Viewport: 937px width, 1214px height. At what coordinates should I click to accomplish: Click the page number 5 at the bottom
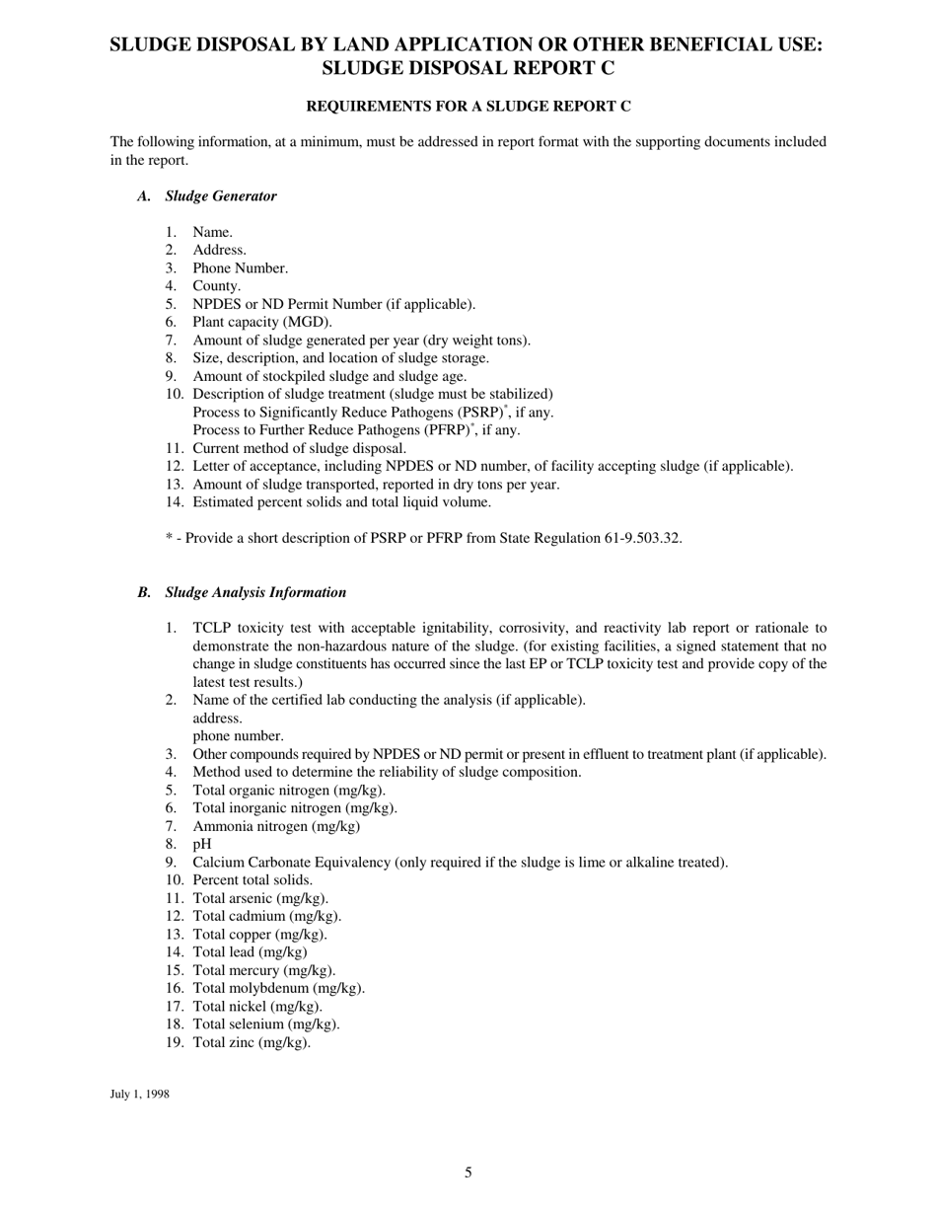pyautogui.click(x=468, y=1173)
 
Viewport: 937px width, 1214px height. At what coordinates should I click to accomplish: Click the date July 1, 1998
pyautogui.click(x=139, y=1094)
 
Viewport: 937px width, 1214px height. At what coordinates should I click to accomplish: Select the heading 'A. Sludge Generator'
pyautogui.click(x=208, y=195)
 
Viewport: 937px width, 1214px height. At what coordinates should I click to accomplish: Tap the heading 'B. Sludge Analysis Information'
pyautogui.click(x=243, y=592)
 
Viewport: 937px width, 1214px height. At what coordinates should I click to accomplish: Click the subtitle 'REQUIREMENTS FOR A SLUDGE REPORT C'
pyautogui.click(x=468, y=106)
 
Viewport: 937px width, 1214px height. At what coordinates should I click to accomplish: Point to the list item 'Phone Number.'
pyautogui.click(x=240, y=268)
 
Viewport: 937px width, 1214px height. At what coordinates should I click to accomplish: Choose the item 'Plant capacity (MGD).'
pyautogui.click(x=262, y=322)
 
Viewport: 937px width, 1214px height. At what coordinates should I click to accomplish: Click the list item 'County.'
pyautogui.click(x=216, y=286)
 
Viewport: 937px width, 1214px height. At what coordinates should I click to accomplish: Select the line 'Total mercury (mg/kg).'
pyautogui.click(x=263, y=970)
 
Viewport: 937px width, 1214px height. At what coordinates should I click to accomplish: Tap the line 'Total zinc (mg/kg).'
pyautogui.click(x=252, y=1042)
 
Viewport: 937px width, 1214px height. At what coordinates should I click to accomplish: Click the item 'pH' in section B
pyautogui.click(x=201, y=844)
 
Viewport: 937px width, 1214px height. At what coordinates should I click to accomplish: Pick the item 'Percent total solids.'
pyautogui.click(x=252, y=879)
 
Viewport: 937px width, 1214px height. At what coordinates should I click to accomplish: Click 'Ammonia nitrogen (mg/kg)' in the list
pyautogui.click(x=276, y=826)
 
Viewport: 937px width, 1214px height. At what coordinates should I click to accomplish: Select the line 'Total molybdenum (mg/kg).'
pyautogui.click(x=278, y=988)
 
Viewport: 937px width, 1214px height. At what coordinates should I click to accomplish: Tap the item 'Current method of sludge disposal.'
pyautogui.click(x=299, y=448)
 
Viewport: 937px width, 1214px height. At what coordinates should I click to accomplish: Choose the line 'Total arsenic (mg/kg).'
pyautogui.click(x=260, y=898)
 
